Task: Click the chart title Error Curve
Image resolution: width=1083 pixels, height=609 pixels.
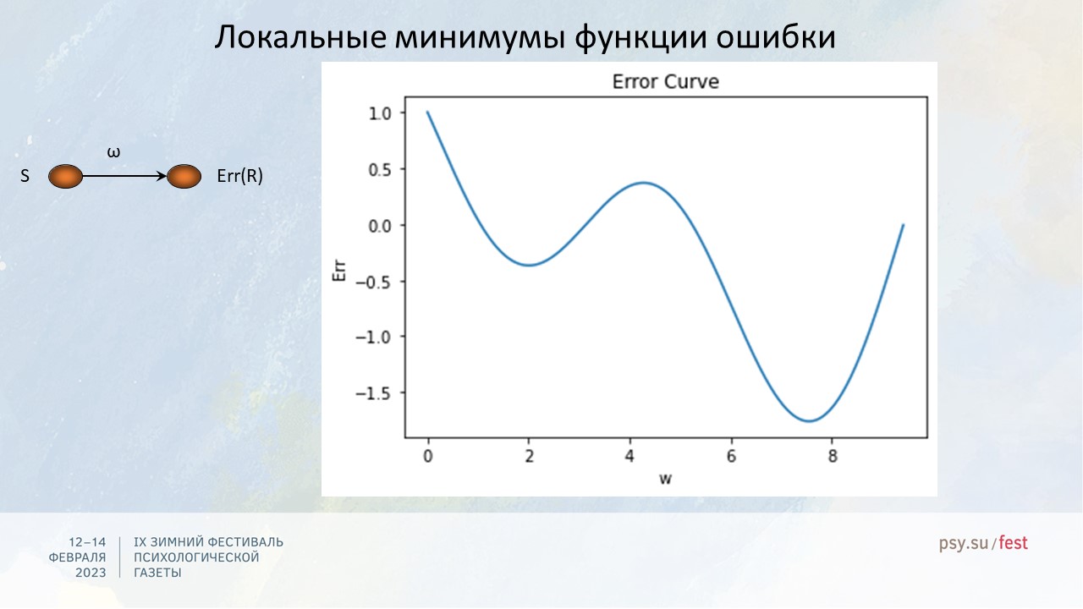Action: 665,82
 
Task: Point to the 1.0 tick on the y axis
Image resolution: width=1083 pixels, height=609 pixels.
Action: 380,113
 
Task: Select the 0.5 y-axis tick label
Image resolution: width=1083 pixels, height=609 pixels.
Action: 380,170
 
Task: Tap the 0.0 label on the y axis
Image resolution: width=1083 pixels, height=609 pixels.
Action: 380,226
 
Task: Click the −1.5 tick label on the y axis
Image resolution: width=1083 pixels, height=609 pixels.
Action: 373,394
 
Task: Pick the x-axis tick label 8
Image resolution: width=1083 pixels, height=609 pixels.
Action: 832,456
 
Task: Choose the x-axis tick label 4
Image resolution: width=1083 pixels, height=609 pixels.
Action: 629,456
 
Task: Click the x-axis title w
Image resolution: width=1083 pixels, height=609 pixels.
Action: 665,479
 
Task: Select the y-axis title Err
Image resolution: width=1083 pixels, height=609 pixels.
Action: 339,271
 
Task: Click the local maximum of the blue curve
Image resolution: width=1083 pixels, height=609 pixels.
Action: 644,183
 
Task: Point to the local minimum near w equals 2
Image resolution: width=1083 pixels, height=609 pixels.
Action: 530,265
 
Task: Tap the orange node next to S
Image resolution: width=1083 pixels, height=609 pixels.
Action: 65,177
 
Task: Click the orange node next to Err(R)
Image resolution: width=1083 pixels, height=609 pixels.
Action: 184,177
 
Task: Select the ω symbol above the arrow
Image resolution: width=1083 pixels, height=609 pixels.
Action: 113,153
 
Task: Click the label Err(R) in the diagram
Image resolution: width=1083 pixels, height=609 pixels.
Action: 239,176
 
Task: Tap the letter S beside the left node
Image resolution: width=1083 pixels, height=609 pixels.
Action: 25,176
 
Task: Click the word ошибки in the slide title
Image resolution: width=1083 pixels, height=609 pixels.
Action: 776,37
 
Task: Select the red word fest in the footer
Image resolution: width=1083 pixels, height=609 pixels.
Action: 1013,543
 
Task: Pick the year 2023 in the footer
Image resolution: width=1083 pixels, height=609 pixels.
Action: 91,573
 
